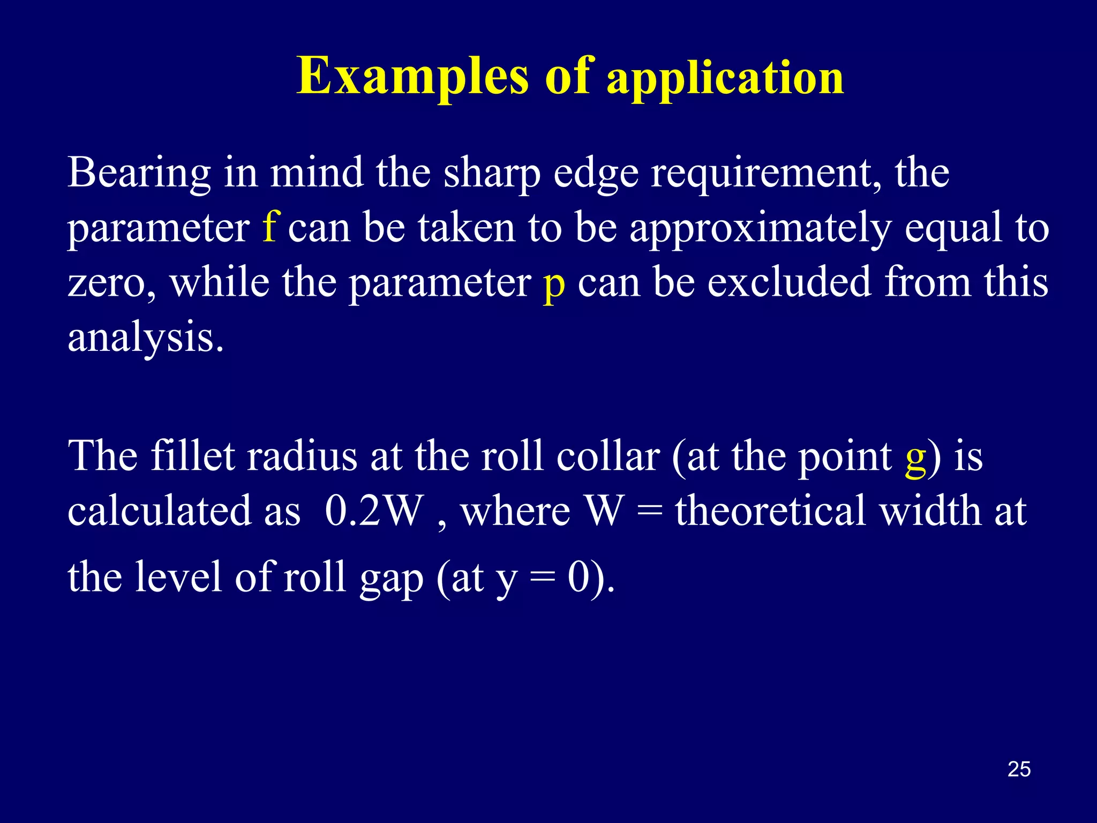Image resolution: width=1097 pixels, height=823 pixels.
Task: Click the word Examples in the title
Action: tap(413, 77)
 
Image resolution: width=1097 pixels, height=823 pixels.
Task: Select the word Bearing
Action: tap(139, 174)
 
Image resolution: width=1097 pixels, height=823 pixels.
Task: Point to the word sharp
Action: tap(492, 174)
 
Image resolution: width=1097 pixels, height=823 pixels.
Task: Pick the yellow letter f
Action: tap(269, 227)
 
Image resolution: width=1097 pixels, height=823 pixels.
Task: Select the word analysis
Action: tap(145, 339)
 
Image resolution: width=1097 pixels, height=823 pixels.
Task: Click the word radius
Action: tap(302, 457)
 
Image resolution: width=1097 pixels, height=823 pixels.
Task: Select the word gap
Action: tap(392, 579)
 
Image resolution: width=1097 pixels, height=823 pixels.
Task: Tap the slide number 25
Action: tap(1019, 769)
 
